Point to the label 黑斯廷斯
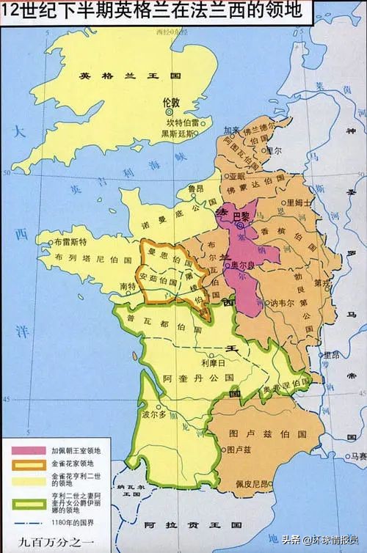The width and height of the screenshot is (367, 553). (178, 133)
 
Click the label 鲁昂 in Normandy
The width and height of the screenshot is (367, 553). (195, 188)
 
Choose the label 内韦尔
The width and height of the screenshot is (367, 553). (276, 301)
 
